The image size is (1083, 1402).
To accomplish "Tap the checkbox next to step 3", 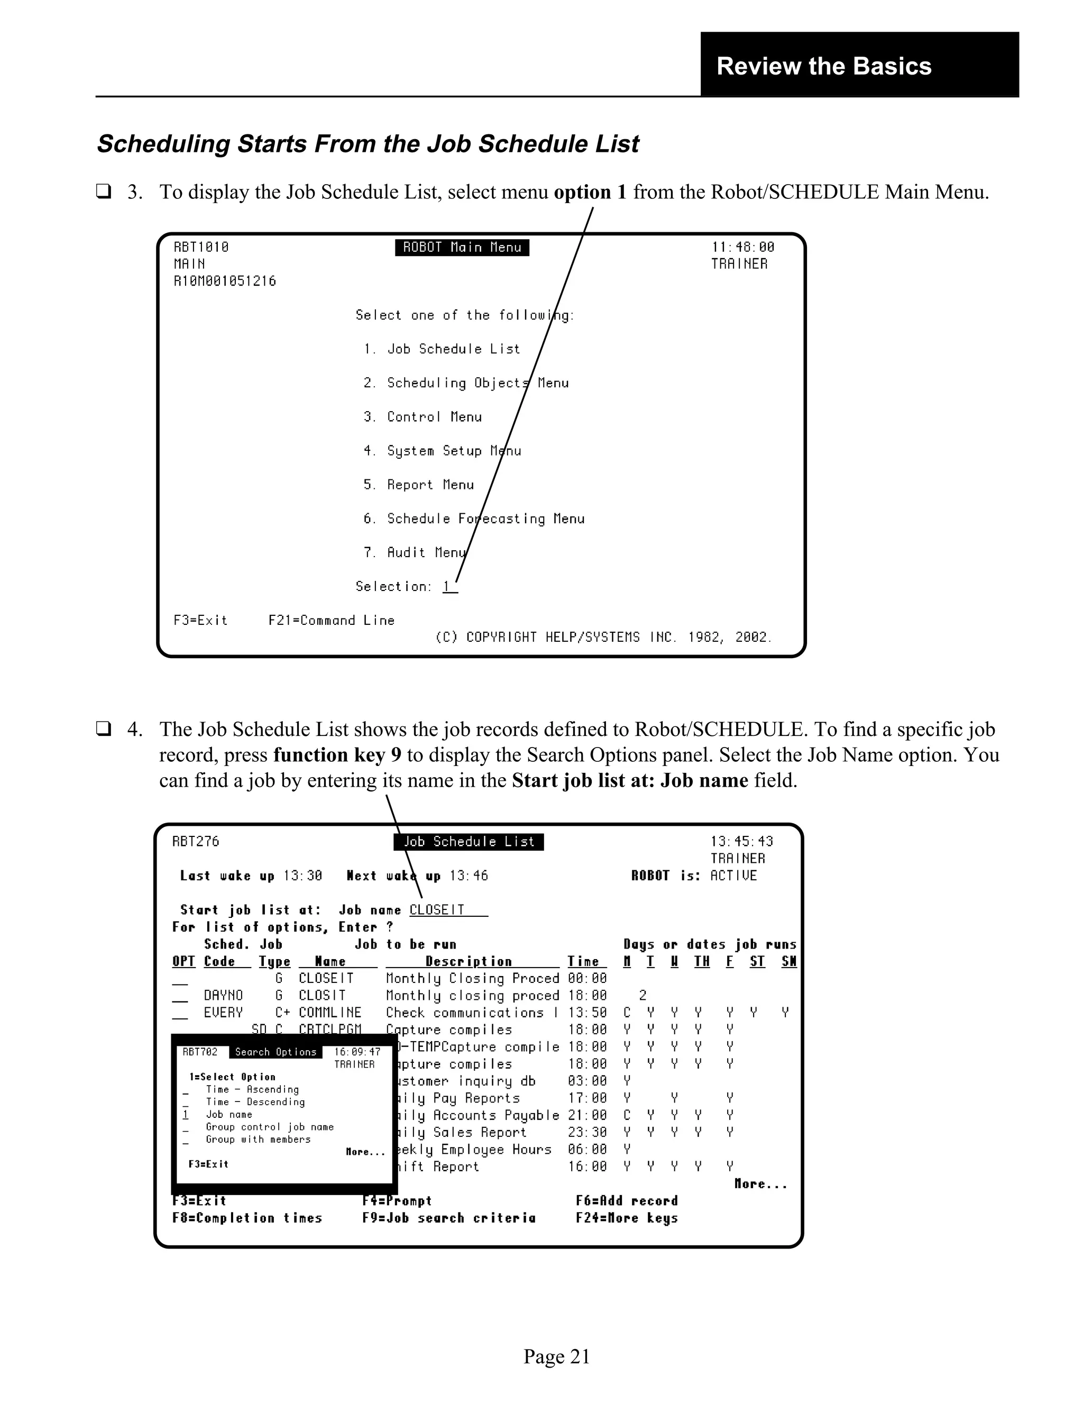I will pyautogui.click(x=103, y=192).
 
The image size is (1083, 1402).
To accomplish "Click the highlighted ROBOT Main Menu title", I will pyautogui.click(x=462, y=248).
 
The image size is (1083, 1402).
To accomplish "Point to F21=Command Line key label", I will pyautogui.click(x=331, y=621).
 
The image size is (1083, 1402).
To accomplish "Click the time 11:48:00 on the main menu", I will pyautogui.click(x=742, y=247).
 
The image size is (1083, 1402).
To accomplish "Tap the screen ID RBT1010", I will pyautogui.click(x=201, y=247).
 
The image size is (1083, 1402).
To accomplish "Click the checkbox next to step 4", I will pyautogui.click(x=103, y=729).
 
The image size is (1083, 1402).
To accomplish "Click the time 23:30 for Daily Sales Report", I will pyautogui.click(x=586, y=1132).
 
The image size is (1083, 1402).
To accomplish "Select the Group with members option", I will pyautogui.click(x=258, y=1140).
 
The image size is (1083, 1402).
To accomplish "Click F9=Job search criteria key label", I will pyautogui.click(x=448, y=1218).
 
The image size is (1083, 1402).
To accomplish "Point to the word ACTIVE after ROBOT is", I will pyautogui.click(x=733, y=876).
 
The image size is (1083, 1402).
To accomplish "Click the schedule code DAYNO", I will pyautogui.click(x=223, y=996).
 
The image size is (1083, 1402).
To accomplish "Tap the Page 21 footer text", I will pyautogui.click(x=556, y=1356).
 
